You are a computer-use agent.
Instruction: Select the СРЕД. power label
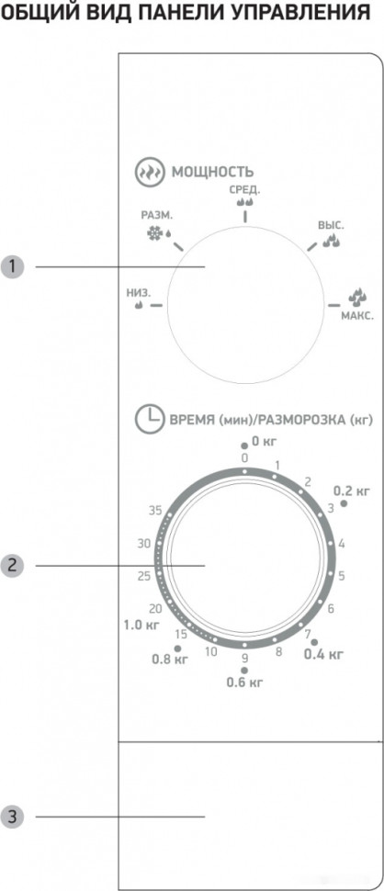245,188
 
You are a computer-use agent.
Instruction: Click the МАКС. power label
357,315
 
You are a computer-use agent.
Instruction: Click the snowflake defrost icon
153,232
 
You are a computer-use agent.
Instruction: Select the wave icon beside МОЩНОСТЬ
146,172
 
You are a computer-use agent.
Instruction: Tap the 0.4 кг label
323,654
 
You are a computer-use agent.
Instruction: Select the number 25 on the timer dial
143,576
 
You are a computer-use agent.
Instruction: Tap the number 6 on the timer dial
331,608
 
